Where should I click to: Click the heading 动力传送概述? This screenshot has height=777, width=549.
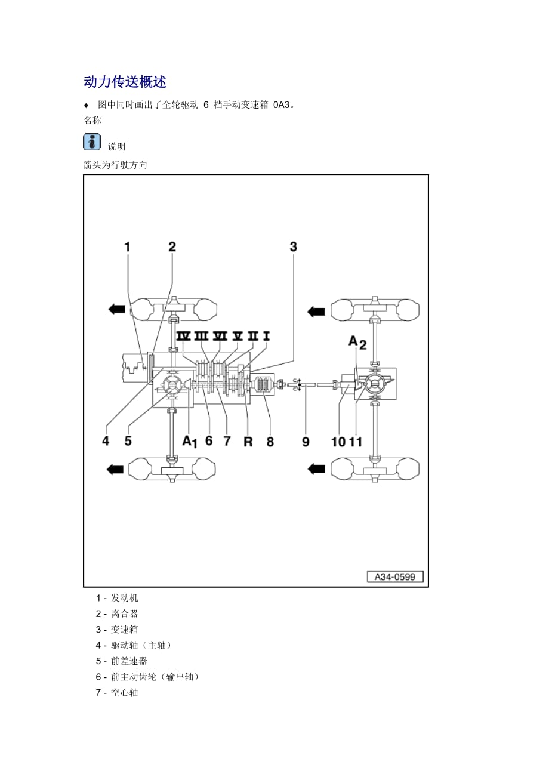125,82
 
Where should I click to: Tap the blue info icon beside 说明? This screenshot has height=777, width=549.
92,142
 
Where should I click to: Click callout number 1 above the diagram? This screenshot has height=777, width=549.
127,247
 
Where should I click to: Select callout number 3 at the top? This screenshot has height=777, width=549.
293,247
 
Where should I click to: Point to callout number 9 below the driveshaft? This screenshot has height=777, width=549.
306,442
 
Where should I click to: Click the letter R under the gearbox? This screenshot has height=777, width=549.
248,442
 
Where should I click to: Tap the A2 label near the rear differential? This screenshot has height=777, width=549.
357,341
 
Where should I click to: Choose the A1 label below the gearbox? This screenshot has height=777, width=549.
189,442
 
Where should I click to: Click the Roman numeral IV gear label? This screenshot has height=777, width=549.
183,336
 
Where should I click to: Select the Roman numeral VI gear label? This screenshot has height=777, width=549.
220,336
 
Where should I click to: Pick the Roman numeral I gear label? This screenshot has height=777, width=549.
266,336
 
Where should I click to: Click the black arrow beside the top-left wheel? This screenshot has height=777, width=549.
116,309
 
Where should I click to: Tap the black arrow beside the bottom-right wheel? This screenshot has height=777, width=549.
316,468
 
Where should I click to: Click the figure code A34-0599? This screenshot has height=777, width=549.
394,576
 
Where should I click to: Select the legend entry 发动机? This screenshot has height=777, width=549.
124,598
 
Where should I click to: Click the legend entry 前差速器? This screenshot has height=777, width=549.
129,661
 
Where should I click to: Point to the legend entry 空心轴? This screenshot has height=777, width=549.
124,693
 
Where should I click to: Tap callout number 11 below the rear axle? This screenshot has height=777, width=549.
356,442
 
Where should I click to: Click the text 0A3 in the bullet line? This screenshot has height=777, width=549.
280,105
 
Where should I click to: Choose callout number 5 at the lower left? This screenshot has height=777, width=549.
128,442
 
